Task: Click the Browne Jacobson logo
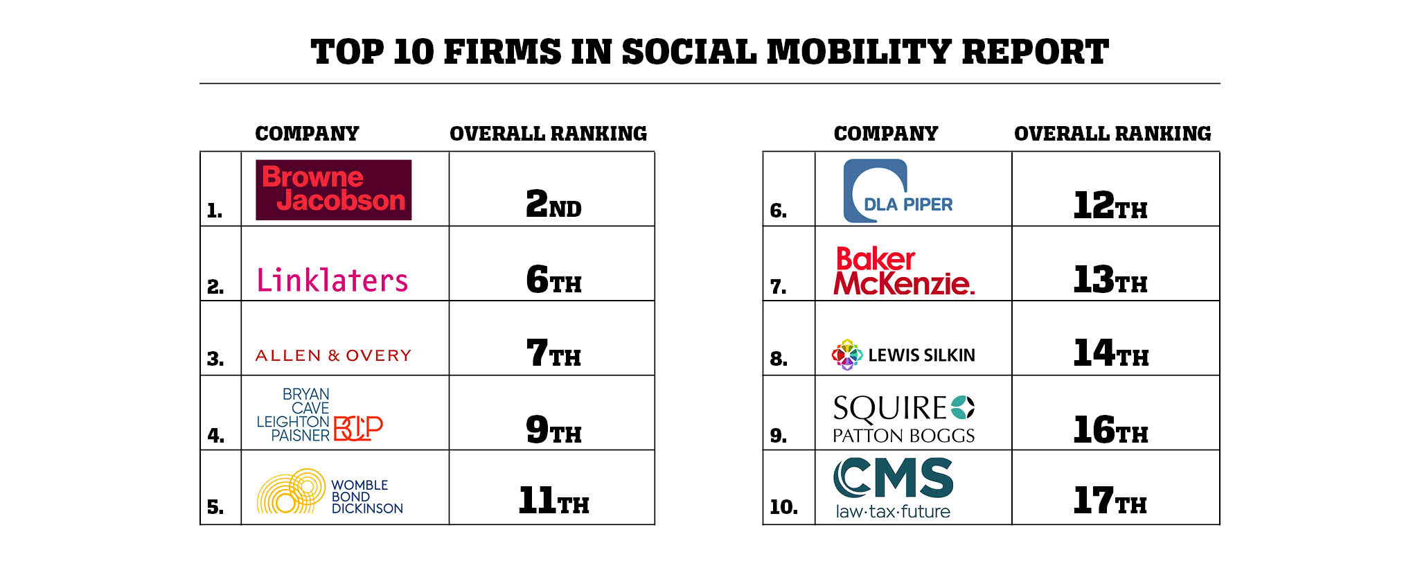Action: [x=333, y=190]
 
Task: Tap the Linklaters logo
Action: [x=332, y=281]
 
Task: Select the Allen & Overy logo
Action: [x=333, y=355]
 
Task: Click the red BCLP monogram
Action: [x=357, y=428]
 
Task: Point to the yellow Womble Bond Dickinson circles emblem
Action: [x=291, y=491]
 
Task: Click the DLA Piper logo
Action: [x=898, y=190]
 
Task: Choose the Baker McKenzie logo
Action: [x=903, y=271]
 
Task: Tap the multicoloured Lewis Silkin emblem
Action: [x=846, y=355]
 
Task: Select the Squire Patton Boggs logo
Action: [x=903, y=418]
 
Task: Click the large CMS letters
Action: [x=894, y=478]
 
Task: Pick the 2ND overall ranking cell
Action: [x=553, y=204]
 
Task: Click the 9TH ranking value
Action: [x=553, y=429]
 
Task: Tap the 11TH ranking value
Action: [x=553, y=500]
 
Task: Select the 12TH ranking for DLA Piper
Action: [x=1110, y=205]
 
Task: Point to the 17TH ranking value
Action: [x=1110, y=500]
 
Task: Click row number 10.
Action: [x=783, y=507]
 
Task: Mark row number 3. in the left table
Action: [x=215, y=359]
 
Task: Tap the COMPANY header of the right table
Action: [x=885, y=133]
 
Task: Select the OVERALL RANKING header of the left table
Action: [x=548, y=133]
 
